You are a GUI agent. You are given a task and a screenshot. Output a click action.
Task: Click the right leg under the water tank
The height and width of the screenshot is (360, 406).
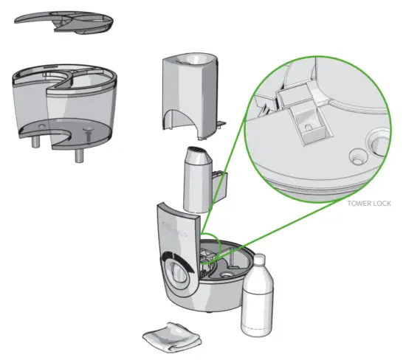point(77,157)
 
